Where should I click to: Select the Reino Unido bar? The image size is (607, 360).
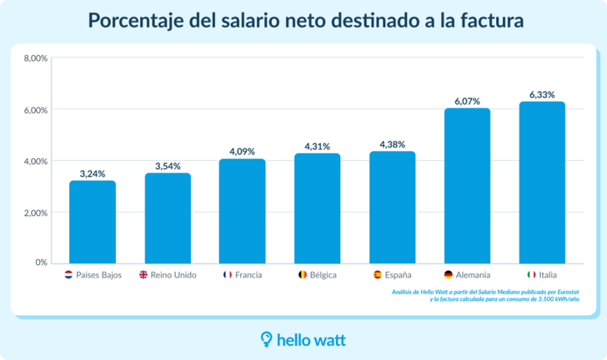click(168, 218)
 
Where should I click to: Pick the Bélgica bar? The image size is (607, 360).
click(318, 208)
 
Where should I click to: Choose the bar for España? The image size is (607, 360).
click(393, 207)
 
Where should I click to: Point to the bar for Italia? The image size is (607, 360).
click(542, 182)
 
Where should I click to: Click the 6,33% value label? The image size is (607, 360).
click(542, 95)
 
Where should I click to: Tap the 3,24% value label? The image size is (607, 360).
click(93, 173)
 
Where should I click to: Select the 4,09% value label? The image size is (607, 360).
click(243, 152)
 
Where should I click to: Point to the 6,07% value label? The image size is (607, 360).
click(467, 101)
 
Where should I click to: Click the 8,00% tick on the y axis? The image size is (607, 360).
click(36, 58)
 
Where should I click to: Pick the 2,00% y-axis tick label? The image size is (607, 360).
click(36, 212)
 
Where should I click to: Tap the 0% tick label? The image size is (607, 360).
click(41, 263)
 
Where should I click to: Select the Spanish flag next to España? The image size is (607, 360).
click(377, 275)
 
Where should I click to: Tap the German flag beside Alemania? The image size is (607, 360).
click(449, 275)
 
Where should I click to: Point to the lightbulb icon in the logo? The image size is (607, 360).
click(267, 338)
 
